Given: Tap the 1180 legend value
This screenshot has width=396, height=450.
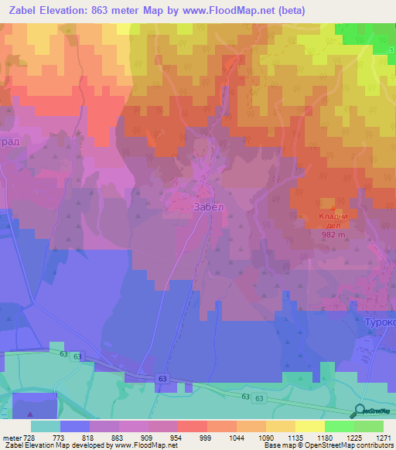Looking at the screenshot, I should [323, 437].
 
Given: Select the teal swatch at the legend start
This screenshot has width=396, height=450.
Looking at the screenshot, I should [45, 425].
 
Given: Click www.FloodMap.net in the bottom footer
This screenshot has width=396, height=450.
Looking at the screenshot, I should [145, 445].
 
